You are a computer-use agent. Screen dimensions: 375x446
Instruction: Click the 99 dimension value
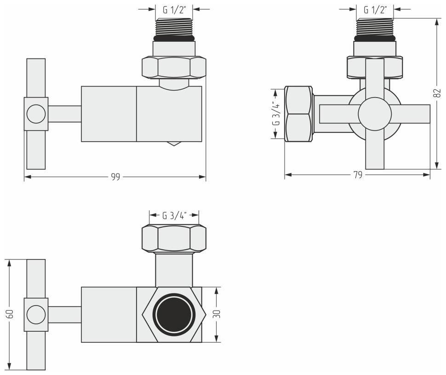[115, 177]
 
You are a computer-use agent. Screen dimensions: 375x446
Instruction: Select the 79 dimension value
[358, 175]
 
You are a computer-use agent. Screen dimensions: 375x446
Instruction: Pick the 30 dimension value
[217, 314]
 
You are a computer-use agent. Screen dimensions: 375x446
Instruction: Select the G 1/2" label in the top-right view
[375, 9]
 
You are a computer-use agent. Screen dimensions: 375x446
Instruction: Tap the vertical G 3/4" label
[275, 113]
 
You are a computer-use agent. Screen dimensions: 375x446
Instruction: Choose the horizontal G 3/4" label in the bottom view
[174, 215]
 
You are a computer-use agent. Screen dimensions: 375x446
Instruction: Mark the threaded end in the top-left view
[174, 28]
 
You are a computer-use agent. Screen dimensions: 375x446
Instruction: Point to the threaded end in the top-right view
[375, 28]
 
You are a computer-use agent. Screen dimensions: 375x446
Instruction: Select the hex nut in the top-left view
[174, 67]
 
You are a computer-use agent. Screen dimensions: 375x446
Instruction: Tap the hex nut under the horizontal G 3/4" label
[174, 238]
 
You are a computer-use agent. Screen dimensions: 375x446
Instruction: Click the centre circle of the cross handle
[374, 114]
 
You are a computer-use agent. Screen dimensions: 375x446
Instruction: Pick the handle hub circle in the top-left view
[36, 114]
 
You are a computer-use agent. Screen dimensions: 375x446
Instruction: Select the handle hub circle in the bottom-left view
[36, 315]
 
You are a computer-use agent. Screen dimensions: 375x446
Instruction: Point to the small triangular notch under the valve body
[174, 144]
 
